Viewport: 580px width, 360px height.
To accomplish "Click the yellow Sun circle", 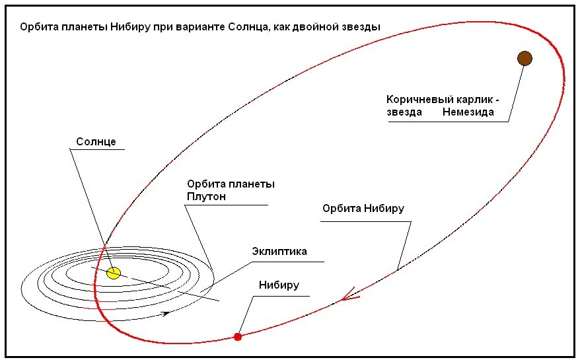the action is point(114,273).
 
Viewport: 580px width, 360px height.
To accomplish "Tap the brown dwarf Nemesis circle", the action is point(524,59).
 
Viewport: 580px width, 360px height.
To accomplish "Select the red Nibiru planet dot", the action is point(238,337).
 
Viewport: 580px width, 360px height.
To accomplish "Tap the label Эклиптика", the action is point(279,251).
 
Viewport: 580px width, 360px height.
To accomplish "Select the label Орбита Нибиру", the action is point(363,209).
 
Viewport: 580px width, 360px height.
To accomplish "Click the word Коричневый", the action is point(419,99).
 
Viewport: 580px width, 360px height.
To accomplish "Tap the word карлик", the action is point(475,99).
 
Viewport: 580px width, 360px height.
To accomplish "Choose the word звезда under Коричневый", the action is point(404,112).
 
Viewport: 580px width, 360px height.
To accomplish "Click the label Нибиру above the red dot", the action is point(279,285).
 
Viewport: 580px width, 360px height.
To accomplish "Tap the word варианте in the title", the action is point(197,27).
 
